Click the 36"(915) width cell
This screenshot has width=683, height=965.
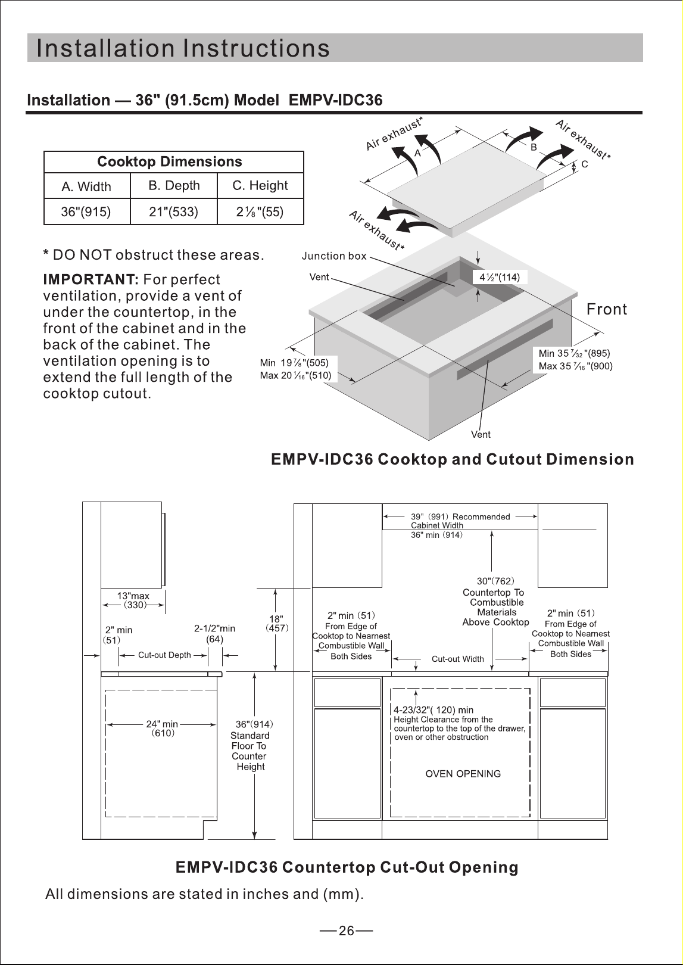(x=86, y=212)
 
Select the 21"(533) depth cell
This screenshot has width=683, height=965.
(x=173, y=212)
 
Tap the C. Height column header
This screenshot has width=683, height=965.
(x=260, y=185)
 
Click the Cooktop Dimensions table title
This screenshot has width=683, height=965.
(x=170, y=161)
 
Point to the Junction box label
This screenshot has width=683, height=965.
(x=334, y=256)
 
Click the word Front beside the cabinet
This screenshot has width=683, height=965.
(x=607, y=309)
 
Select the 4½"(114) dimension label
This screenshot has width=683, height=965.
(x=500, y=278)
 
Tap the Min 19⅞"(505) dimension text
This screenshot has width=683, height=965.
(x=294, y=363)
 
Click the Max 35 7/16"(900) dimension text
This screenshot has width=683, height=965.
(x=576, y=366)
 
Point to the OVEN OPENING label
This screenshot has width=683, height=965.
(x=463, y=774)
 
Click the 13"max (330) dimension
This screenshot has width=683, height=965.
(x=133, y=600)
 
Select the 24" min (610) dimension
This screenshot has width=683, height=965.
(x=163, y=729)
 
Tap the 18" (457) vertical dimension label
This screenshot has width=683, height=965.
(x=277, y=623)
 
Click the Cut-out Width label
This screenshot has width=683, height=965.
(x=458, y=659)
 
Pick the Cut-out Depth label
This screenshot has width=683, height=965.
(x=164, y=655)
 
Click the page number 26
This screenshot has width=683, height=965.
(x=346, y=931)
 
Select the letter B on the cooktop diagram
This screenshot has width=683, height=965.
(x=534, y=147)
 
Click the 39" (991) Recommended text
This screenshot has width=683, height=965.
(x=460, y=516)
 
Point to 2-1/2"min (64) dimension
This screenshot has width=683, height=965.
(x=214, y=633)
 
